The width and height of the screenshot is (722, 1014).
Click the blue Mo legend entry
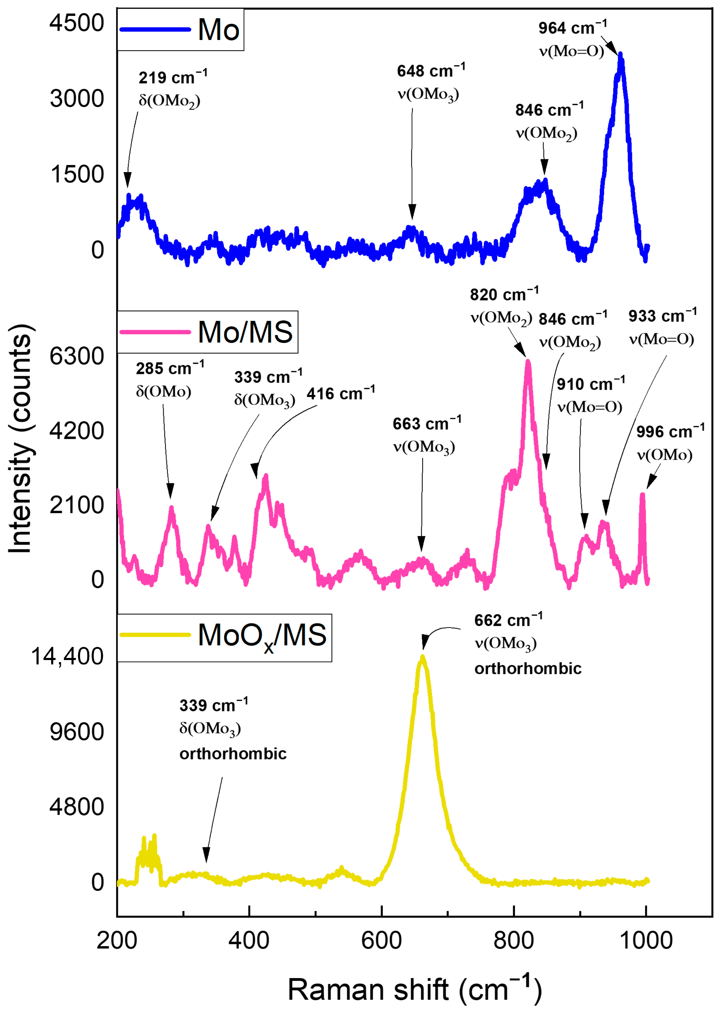click(180, 30)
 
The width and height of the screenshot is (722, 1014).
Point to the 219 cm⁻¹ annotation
click(172, 78)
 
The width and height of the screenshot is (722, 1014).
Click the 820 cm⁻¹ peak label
click(504, 295)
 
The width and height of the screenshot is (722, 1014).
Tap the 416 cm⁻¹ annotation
click(341, 394)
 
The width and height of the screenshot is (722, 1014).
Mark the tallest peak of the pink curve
click(528, 361)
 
